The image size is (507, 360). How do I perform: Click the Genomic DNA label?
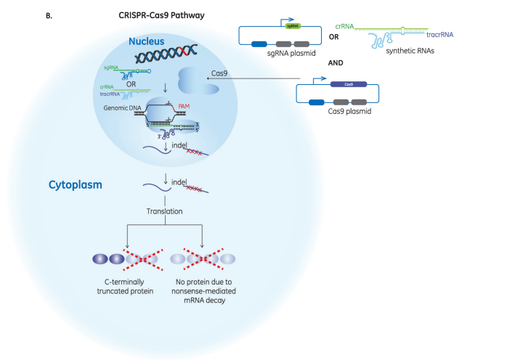click(x=124, y=107)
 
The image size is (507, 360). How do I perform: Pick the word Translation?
click(x=165, y=211)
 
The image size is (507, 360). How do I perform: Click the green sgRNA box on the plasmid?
click(x=293, y=26)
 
